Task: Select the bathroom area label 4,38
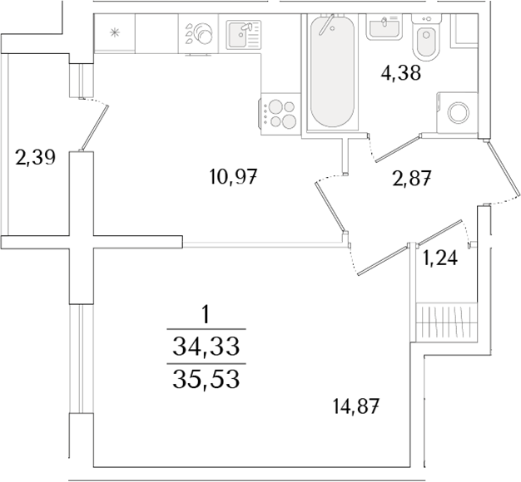[x=401, y=74]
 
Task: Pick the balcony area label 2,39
[x=36, y=156]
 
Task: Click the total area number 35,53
[x=205, y=380]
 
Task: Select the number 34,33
[x=205, y=345]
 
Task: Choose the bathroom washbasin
[x=385, y=28]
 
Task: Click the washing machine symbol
[x=458, y=112]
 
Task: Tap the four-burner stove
[x=280, y=114]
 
